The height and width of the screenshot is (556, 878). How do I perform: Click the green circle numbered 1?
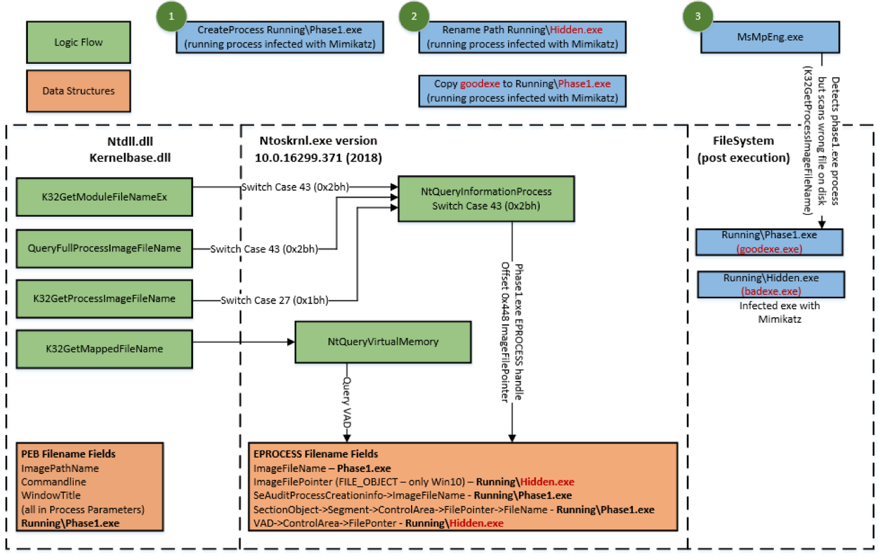click(x=172, y=18)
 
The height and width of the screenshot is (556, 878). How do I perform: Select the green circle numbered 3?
click(x=698, y=18)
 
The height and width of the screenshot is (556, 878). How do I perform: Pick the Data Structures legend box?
click(x=78, y=91)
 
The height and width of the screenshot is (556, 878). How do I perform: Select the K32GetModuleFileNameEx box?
click(x=104, y=197)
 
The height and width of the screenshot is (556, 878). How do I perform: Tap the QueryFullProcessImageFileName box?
click(x=104, y=248)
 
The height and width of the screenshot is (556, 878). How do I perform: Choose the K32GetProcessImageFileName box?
click(x=104, y=299)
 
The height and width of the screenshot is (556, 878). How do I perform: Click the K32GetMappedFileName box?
click(x=104, y=349)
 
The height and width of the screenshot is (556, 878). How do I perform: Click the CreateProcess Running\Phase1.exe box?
click(x=280, y=37)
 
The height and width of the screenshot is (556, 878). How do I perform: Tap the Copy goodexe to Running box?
click(x=522, y=90)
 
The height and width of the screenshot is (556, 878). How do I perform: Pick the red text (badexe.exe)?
click(x=771, y=291)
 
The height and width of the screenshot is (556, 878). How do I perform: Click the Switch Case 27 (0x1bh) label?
click(x=274, y=300)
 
